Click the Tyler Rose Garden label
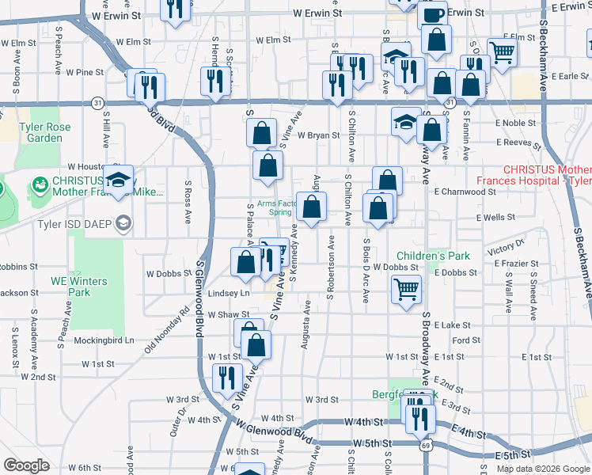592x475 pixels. [x=44, y=132]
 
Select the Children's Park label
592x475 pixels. [x=433, y=256]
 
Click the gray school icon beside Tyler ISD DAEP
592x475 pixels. [x=123, y=223]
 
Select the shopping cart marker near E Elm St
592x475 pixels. [x=502, y=51]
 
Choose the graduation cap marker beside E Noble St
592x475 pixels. [x=406, y=122]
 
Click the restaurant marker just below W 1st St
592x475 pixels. [x=227, y=378]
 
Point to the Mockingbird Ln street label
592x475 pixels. [x=104, y=340]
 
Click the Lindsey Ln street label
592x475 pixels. [x=228, y=293]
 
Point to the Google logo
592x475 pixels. [x=27, y=465]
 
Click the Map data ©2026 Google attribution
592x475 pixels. [x=543, y=469]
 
